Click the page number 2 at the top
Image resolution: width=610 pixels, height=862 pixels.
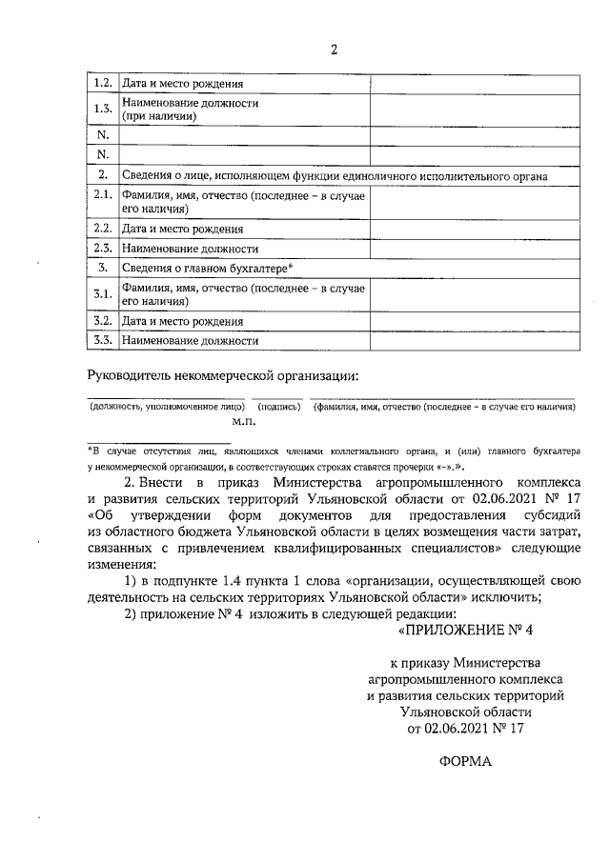(x=334, y=50)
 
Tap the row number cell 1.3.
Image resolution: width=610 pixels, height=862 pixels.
(x=103, y=109)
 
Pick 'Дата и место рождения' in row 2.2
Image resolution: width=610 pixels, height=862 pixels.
(x=182, y=229)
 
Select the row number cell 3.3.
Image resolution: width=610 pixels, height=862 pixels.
(x=103, y=339)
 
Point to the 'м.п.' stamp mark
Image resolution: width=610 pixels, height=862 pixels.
(x=244, y=419)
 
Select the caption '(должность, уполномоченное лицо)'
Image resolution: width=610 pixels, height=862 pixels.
(x=167, y=407)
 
